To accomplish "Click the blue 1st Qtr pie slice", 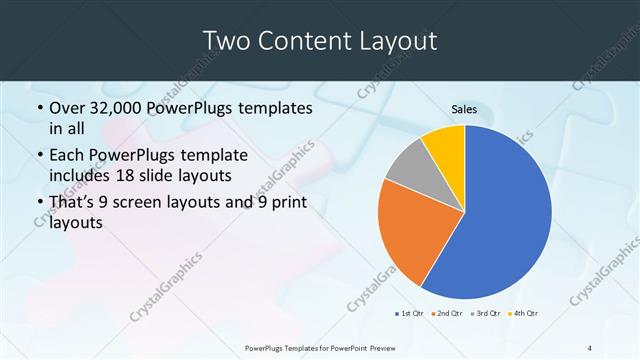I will click(505, 215).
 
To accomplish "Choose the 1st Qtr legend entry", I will click(409, 314).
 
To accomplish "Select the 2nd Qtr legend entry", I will click(446, 314).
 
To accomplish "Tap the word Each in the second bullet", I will click(68, 156).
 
